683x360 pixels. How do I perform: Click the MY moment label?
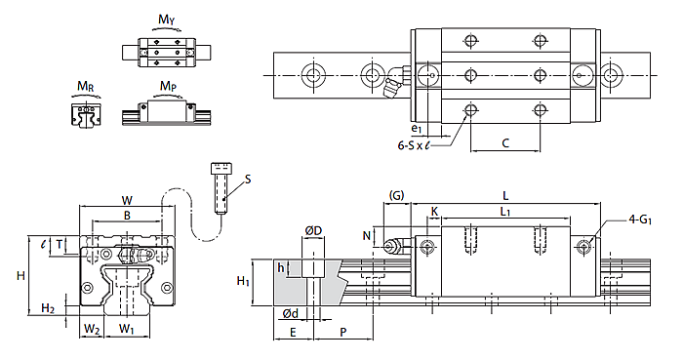tap(167, 20)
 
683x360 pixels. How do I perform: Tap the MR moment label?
tap(86, 86)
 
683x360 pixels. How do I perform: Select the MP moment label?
tap(168, 86)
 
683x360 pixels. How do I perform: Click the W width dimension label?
tap(127, 201)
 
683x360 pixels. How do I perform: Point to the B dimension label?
tap(127, 216)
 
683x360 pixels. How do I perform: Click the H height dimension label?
tap(20, 275)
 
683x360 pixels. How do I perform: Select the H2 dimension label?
tap(48, 309)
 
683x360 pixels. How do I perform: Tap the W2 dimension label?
tap(92, 329)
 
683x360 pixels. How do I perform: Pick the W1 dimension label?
tap(127, 329)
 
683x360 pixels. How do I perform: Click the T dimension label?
tap(60, 245)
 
